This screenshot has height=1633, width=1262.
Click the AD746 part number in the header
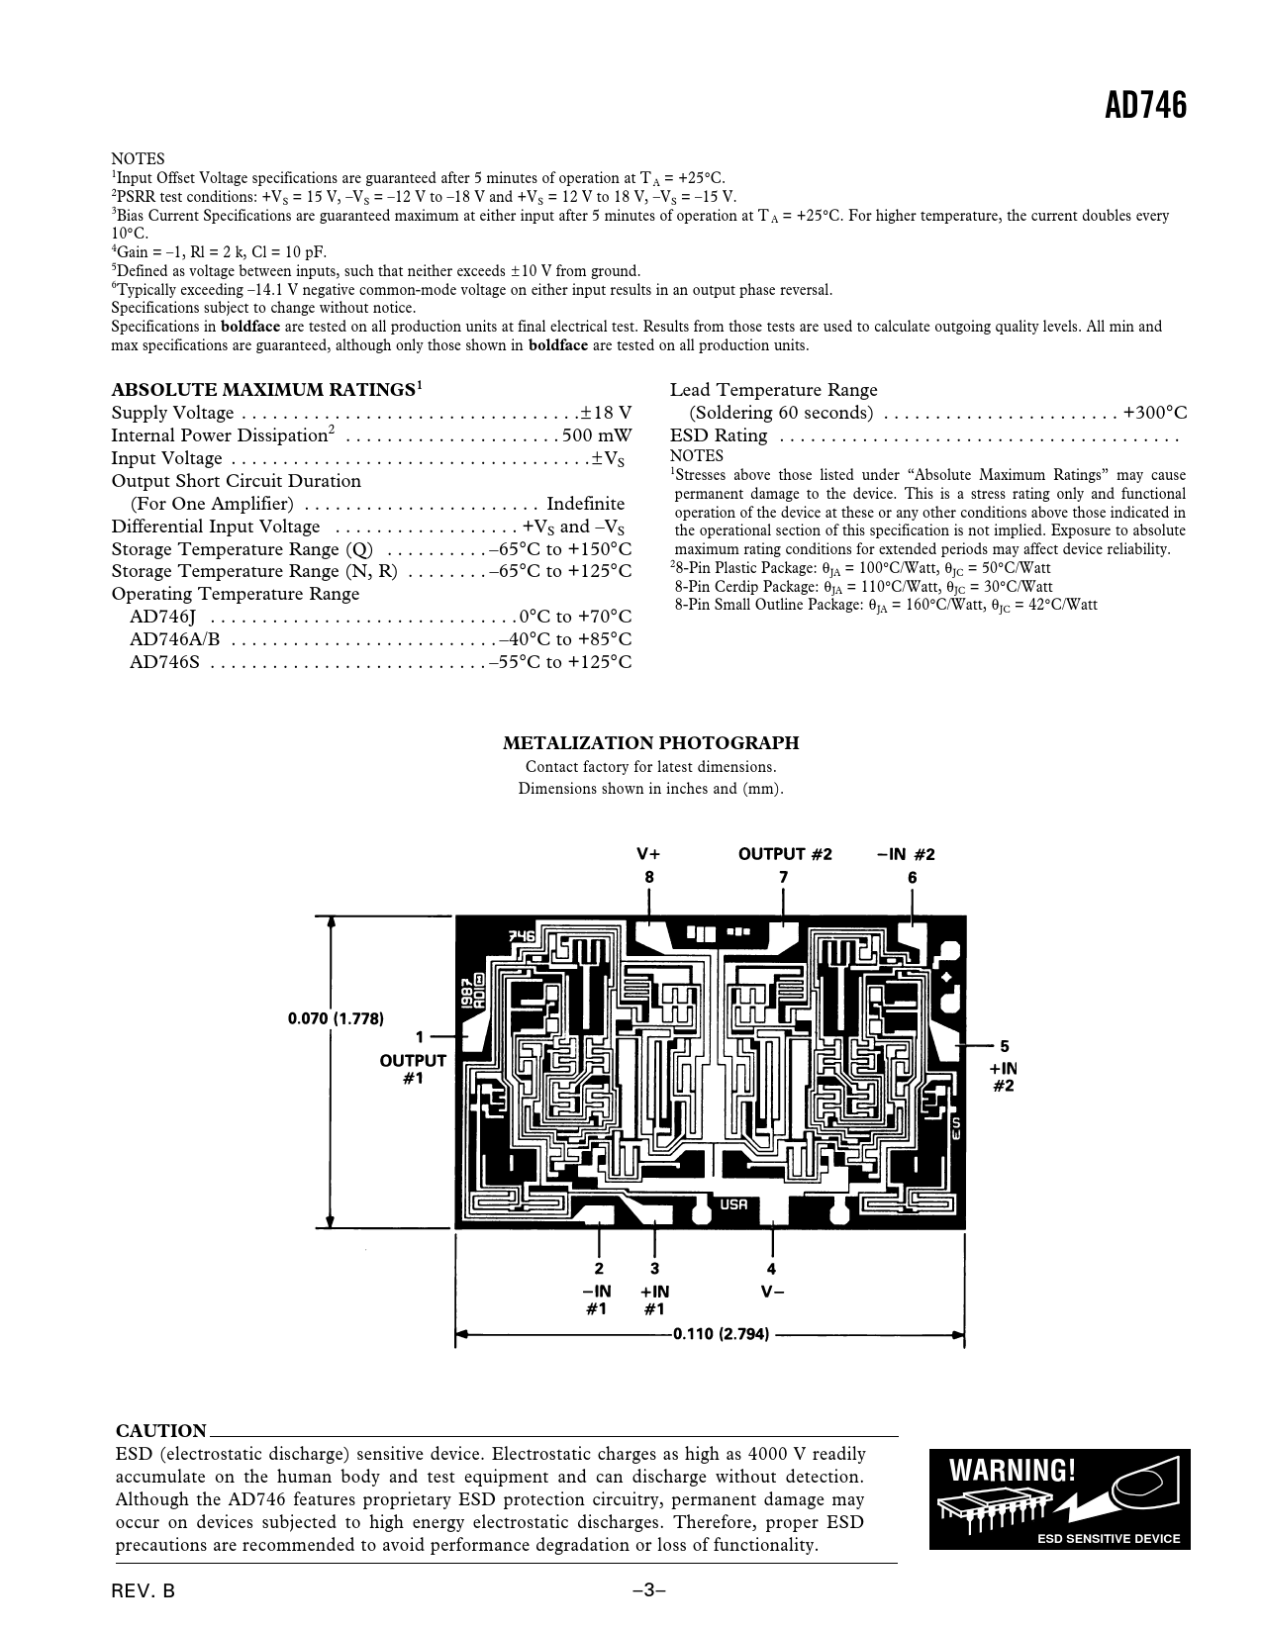1145,106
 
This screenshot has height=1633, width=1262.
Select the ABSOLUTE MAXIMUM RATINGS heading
262,390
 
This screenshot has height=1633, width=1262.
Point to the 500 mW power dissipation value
596,435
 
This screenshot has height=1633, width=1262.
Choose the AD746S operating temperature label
164,662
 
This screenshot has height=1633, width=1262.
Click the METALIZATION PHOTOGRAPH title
650,743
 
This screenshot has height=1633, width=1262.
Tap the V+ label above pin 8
648,854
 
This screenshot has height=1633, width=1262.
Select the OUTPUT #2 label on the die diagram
785,854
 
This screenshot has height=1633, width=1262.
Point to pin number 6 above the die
912,878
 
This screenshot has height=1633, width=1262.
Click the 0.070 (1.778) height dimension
336,1017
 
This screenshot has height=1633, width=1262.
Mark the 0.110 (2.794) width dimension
721,1334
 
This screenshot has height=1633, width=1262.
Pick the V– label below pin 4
772,1292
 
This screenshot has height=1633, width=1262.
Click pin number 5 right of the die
1004,1046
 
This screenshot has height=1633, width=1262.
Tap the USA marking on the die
733,1204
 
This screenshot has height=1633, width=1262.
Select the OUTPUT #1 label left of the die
413,1069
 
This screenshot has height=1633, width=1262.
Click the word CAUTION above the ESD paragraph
161,1430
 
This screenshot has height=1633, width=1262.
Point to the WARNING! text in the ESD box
1012,1471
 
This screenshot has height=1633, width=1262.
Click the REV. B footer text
144,1591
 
